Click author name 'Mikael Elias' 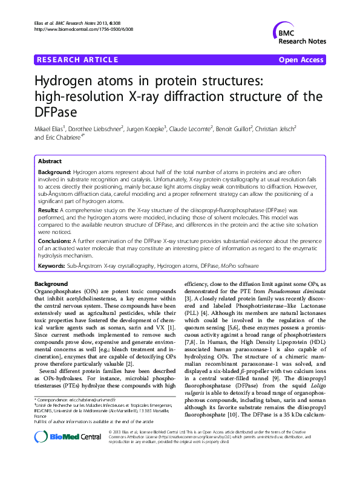(x=51, y=129)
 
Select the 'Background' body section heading (x=51, y=284)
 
